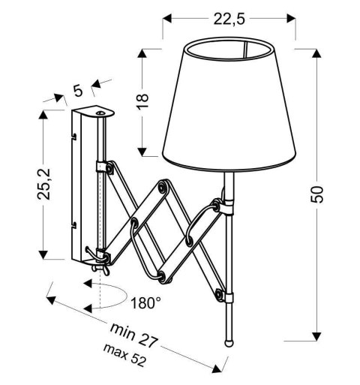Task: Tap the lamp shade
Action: [238, 105]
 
